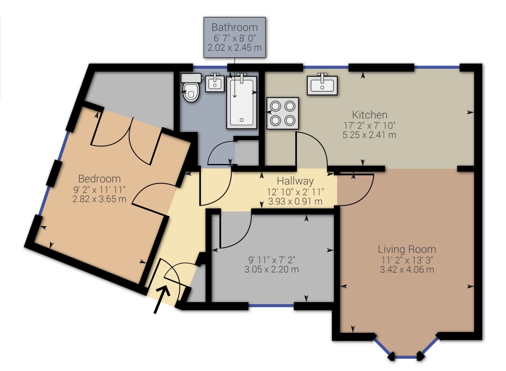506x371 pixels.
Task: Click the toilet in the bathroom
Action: [191, 88]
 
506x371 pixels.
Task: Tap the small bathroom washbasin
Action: [215, 82]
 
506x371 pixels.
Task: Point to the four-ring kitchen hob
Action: [283, 113]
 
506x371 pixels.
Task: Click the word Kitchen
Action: [370, 115]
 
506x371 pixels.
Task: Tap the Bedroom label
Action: [99, 179]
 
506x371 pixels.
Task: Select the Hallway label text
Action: [295, 181]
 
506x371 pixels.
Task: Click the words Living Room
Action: [407, 249]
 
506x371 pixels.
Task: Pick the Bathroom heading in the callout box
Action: [235, 27]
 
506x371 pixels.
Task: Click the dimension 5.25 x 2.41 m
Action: [369, 135]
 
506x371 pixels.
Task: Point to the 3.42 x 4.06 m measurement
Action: [407, 269]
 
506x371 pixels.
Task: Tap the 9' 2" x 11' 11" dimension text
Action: [99, 189]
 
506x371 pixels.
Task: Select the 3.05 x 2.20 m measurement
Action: [271, 269]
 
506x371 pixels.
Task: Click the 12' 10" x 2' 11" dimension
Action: [295, 192]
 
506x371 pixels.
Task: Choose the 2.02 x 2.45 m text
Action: [235, 48]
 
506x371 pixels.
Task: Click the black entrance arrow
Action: [162, 299]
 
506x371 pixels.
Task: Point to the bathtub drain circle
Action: [242, 120]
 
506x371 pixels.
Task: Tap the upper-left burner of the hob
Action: [275, 106]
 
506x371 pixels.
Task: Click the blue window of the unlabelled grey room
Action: [271, 306]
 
